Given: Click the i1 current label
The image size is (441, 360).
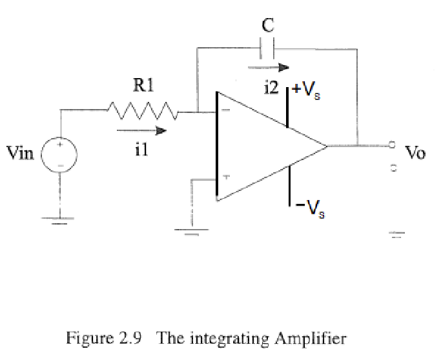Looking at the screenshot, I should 143,150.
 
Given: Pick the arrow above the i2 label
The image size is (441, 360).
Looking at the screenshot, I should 266,66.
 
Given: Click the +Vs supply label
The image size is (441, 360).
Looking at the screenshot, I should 308,90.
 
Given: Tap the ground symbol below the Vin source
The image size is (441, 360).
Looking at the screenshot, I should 61,221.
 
